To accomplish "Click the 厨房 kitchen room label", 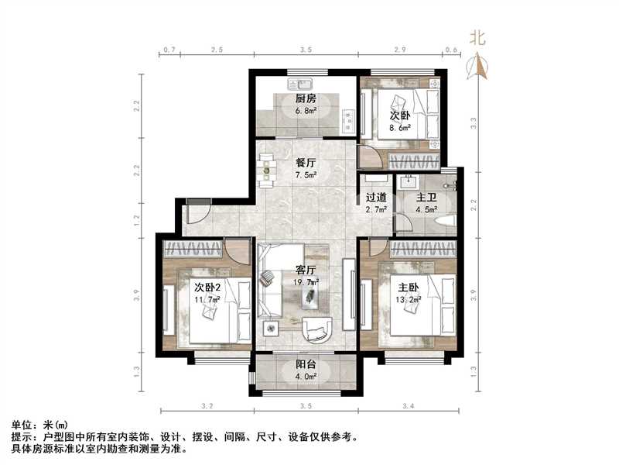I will pyautogui.click(x=306, y=98).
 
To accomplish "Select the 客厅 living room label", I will pyautogui.click(x=306, y=270).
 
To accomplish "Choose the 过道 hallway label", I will pyautogui.click(x=376, y=198).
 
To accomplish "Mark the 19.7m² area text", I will pyautogui.click(x=307, y=283).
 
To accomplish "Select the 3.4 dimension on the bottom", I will pyautogui.click(x=409, y=406).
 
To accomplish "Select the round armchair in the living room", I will pyautogui.click(x=316, y=329).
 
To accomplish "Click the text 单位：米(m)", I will pyautogui.click(x=39, y=425).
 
